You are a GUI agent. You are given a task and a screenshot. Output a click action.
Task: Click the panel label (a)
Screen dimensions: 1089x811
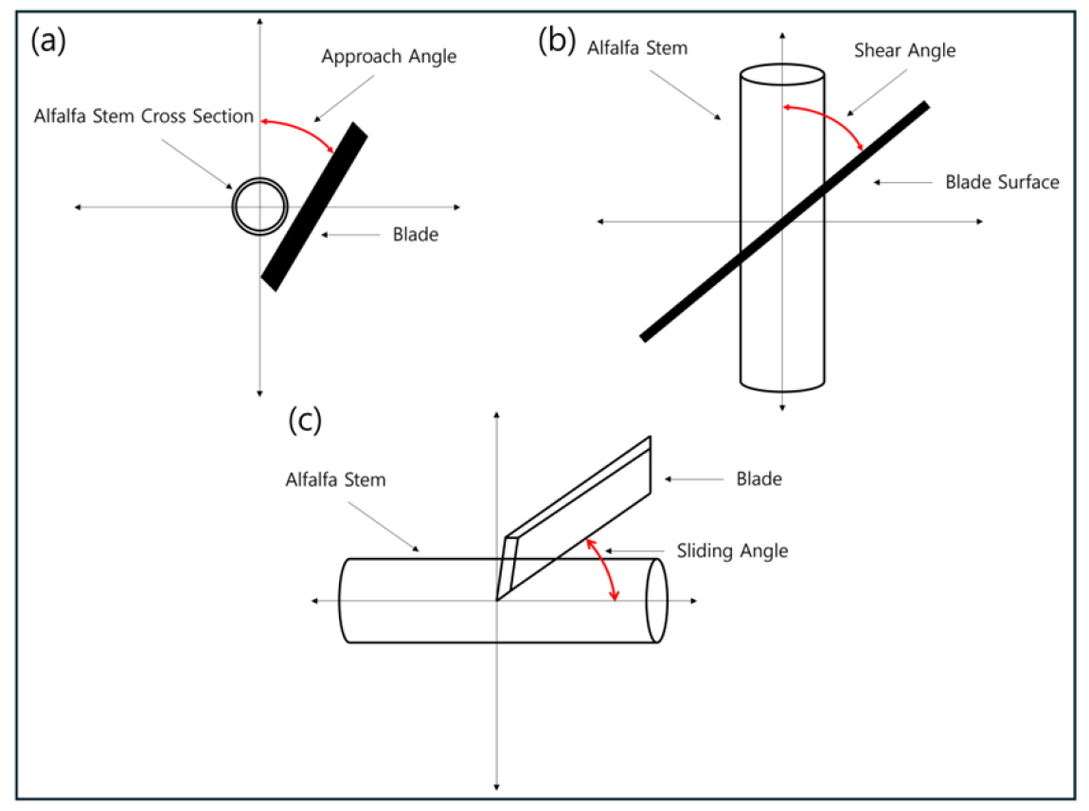click(x=48, y=41)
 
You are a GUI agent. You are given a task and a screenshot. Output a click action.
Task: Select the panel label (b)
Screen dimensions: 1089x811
click(x=557, y=40)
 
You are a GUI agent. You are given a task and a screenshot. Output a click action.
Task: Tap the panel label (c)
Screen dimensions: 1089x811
click(x=305, y=419)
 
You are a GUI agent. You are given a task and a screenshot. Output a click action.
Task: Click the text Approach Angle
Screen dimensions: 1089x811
click(x=389, y=56)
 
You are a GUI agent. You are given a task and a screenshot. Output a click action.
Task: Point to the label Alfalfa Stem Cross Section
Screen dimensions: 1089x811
click(x=144, y=116)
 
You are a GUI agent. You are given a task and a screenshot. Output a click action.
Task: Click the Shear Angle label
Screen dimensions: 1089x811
click(x=904, y=50)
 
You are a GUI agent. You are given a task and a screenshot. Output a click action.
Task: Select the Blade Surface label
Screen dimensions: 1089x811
click(x=1002, y=182)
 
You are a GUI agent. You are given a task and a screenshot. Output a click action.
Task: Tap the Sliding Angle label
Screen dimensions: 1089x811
click(x=732, y=550)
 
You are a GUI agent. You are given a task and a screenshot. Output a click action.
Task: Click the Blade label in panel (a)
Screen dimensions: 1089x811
click(x=416, y=234)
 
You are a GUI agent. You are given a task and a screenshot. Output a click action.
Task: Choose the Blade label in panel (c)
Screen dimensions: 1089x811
click(x=759, y=478)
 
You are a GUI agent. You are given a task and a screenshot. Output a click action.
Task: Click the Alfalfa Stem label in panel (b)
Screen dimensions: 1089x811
click(x=637, y=48)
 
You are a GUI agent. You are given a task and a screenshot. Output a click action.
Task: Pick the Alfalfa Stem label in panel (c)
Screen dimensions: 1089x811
click(x=335, y=479)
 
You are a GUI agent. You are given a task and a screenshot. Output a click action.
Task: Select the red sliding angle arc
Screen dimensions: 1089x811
click(x=605, y=568)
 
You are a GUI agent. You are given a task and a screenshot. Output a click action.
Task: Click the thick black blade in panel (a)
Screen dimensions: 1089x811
click(x=314, y=207)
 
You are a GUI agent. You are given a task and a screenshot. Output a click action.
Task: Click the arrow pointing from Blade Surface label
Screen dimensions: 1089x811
click(x=902, y=182)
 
